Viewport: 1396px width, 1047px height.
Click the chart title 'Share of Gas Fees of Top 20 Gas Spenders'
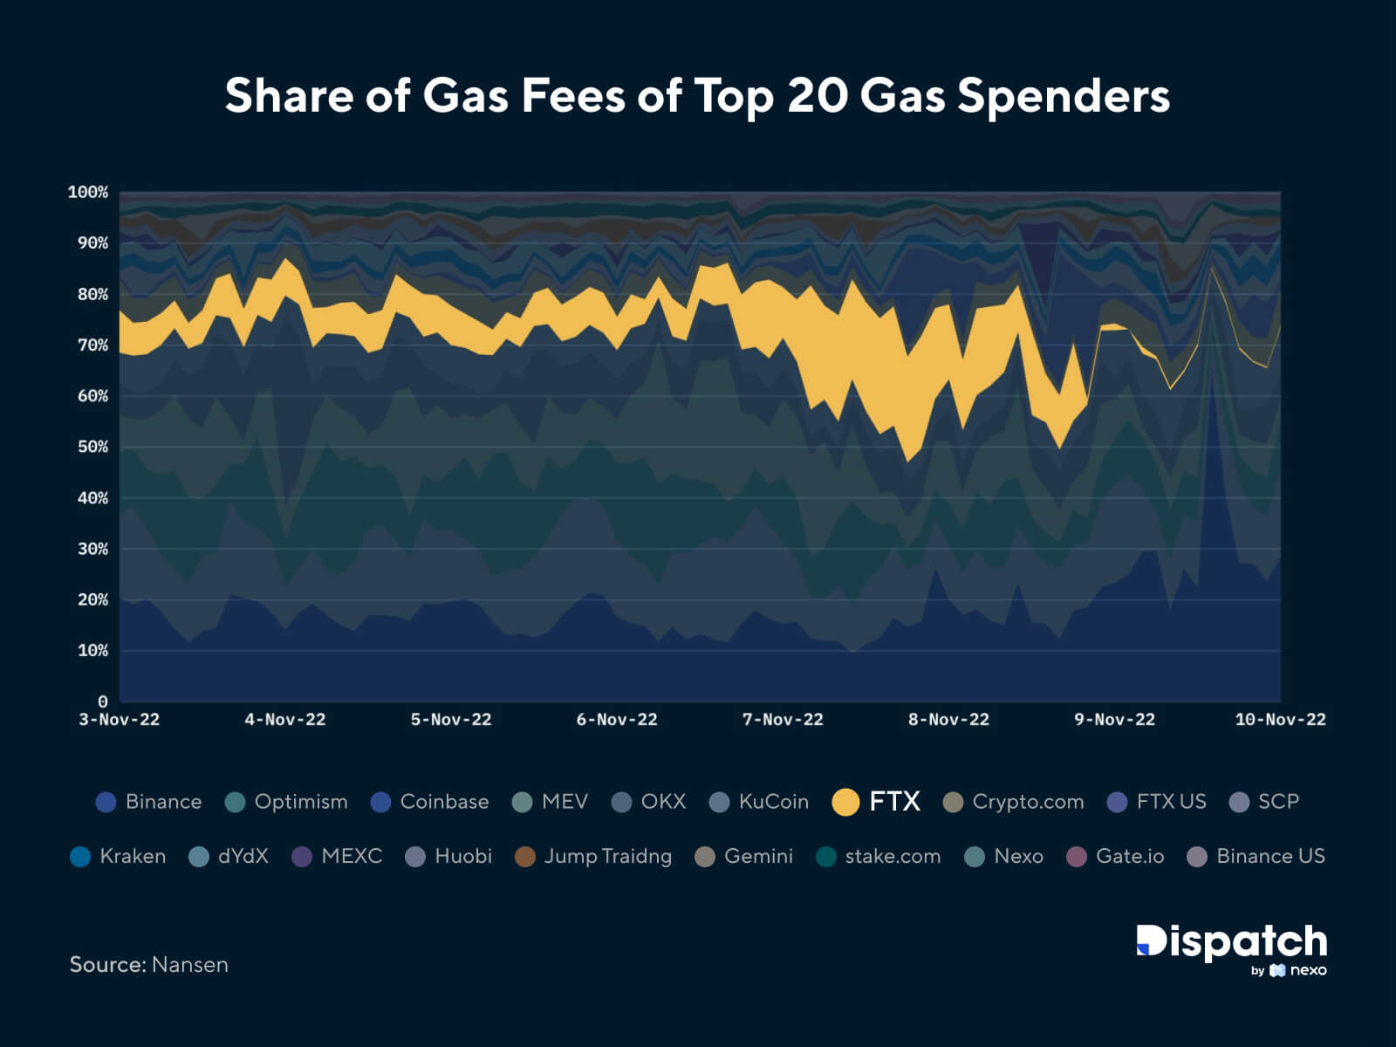click(x=697, y=95)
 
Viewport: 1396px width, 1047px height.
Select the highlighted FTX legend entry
click(x=877, y=801)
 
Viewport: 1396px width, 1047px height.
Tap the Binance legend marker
click(x=106, y=802)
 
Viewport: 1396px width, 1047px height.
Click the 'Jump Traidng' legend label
click(x=607, y=856)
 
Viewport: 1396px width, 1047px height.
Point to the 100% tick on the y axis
click(x=88, y=192)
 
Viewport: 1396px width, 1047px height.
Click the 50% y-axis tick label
click(x=92, y=447)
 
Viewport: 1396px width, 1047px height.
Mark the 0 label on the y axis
click(x=103, y=701)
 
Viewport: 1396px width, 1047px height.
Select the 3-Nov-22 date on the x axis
click(x=120, y=720)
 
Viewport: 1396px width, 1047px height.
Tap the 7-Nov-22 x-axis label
click(x=783, y=720)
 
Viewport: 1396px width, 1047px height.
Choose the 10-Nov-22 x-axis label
click(x=1280, y=720)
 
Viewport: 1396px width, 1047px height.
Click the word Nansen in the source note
click(x=189, y=964)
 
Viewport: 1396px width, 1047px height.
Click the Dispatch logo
click(x=1231, y=942)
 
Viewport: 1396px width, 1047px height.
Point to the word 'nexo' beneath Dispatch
click(x=1308, y=970)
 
